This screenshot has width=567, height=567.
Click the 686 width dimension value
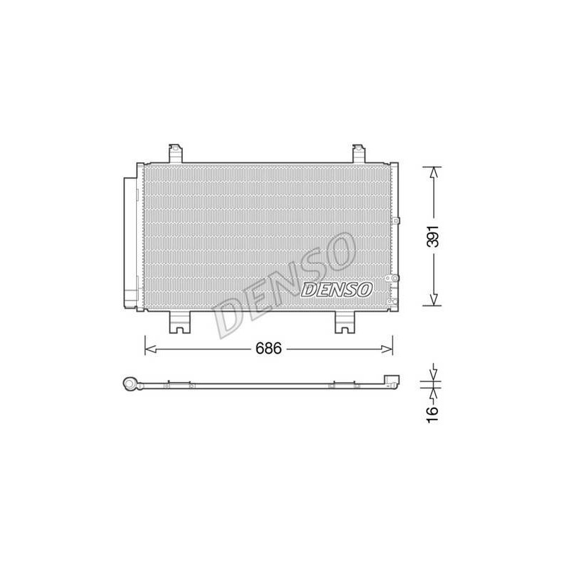[x=269, y=349]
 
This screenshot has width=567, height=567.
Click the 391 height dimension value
[x=433, y=236]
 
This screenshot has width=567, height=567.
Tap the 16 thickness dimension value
[x=432, y=414]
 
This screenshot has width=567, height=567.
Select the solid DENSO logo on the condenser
[x=336, y=290]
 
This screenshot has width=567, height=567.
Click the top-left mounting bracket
[x=176, y=153]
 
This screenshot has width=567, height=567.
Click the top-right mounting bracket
[x=359, y=153]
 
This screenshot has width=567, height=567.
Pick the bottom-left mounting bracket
[x=180, y=322]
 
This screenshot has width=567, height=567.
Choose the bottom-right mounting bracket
[x=345, y=322]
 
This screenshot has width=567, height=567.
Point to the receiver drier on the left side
[x=130, y=243]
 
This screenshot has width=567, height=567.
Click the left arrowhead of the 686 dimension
[x=150, y=349]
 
